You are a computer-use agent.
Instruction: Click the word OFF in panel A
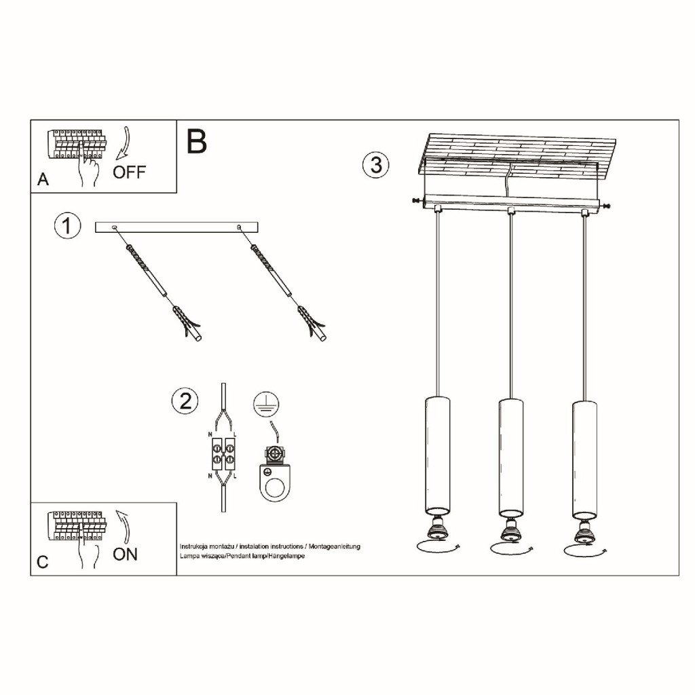click(129, 172)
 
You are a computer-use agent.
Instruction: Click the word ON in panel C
click(125, 554)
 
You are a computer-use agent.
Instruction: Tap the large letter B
click(197, 141)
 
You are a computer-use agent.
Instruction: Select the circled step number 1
click(67, 226)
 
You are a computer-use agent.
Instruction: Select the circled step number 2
click(185, 401)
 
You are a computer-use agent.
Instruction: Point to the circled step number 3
click(376, 165)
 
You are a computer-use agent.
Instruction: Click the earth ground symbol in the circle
click(266, 405)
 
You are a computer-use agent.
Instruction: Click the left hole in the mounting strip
click(115, 227)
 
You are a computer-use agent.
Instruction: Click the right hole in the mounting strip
click(240, 227)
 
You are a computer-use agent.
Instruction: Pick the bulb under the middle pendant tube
click(510, 531)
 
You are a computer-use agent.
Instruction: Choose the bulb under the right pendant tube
click(584, 532)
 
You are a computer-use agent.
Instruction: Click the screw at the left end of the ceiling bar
click(417, 201)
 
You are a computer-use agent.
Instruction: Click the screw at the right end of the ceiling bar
click(605, 206)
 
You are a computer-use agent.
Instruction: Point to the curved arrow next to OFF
click(124, 143)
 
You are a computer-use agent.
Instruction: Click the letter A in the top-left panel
click(43, 179)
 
